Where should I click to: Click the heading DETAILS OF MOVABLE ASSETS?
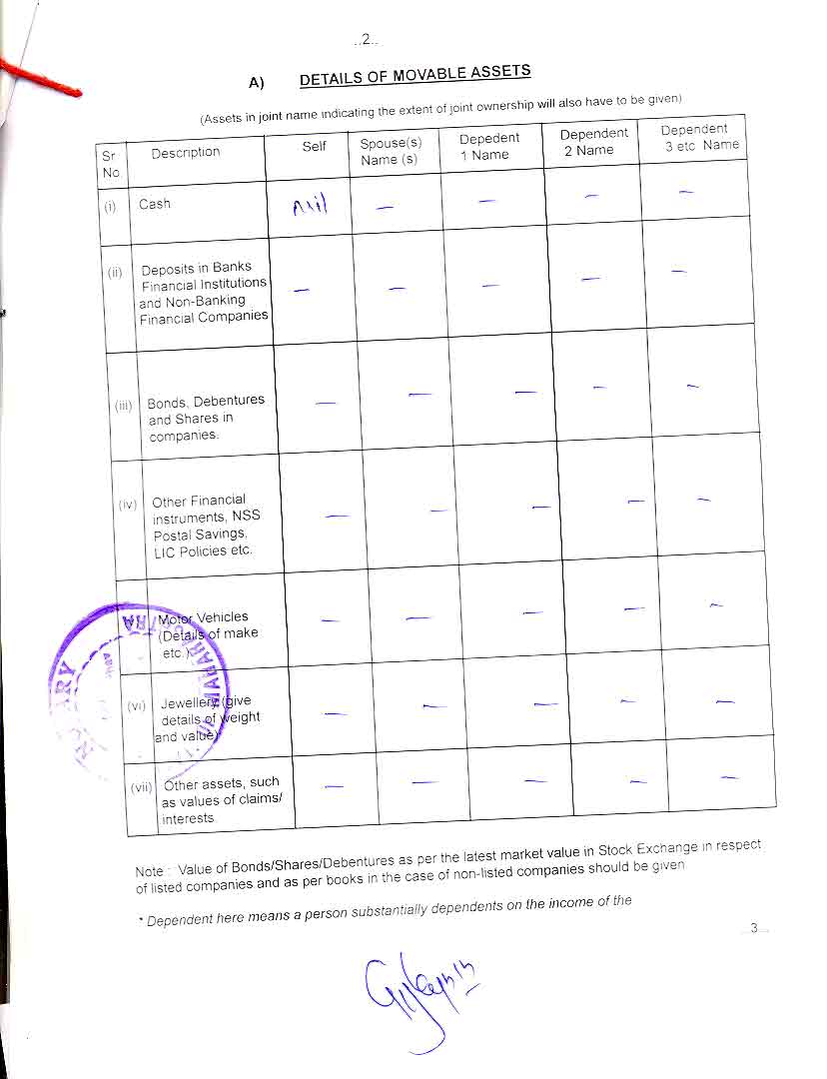coord(414,76)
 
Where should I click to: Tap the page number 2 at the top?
coord(366,39)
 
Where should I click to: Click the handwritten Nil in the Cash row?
coord(309,208)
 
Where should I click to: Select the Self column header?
coord(314,147)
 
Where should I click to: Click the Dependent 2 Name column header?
coord(593,141)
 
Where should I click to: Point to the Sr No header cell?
coord(110,164)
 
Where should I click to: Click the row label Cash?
coord(155,204)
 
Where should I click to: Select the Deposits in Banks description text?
coord(204,291)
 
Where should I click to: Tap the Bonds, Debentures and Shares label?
coord(205,418)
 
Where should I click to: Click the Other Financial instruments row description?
coord(202,526)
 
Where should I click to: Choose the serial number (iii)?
coord(124,406)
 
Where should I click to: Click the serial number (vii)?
coord(141,787)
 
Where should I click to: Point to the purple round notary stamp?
coord(135,684)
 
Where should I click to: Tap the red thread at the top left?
coord(40,78)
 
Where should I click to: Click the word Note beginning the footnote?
coord(149,871)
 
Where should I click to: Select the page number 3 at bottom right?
coord(755,928)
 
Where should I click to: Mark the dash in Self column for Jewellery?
coord(336,713)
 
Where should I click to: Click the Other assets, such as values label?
coord(221,800)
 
